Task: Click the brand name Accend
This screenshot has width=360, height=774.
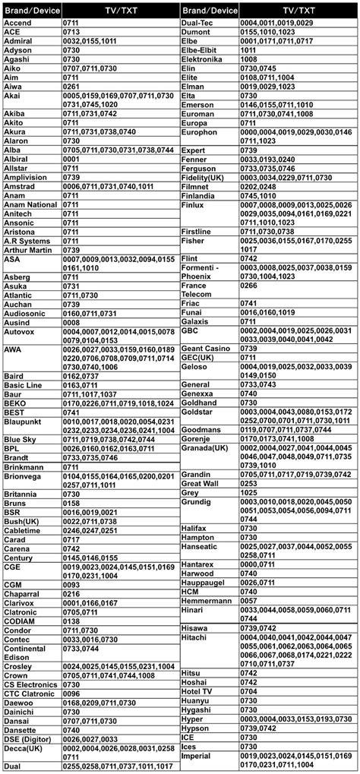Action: (x=17, y=24)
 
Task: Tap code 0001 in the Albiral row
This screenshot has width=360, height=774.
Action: (x=71, y=160)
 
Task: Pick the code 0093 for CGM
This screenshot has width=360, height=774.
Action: (x=71, y=584)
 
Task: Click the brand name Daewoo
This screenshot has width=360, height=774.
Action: (x=20, y=702)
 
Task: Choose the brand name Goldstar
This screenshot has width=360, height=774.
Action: (x=199, y=412)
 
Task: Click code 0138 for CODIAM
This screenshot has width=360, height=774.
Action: (x=71, y=621)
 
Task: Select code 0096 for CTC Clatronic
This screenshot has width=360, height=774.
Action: (x=71, y=693)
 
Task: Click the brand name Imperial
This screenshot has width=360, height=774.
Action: (x=196, y=756)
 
